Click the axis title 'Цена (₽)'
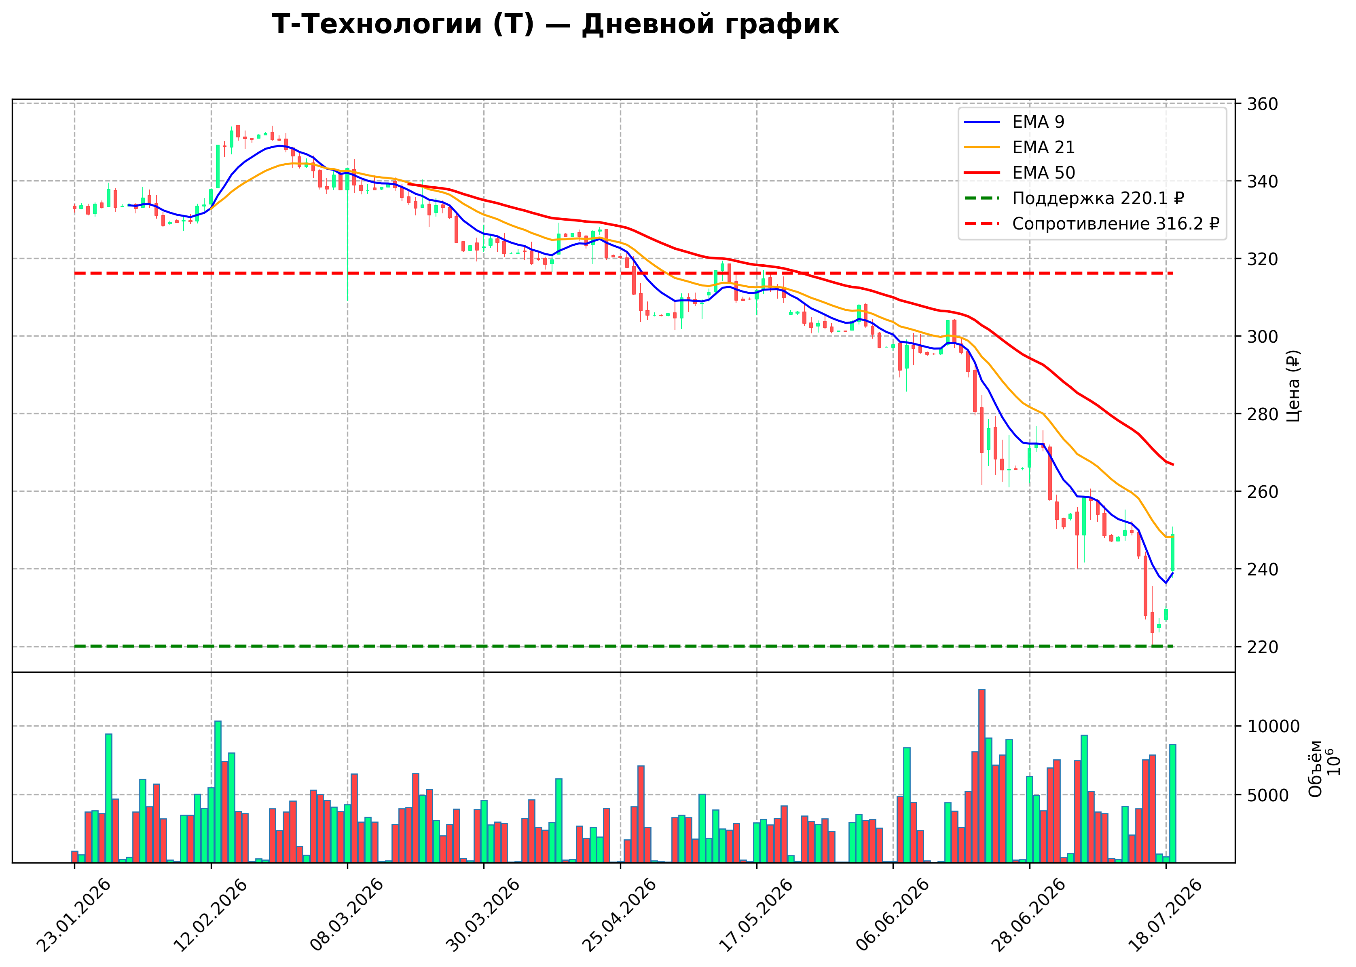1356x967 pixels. click(x=1293, y=386)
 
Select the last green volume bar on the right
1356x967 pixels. click(x=1172, y=803)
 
